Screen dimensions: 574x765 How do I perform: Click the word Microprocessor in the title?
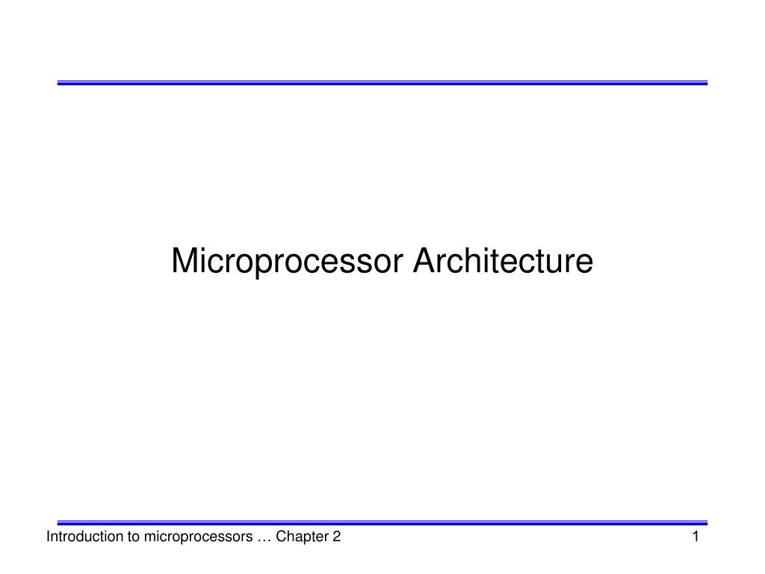click(x=288, y=262)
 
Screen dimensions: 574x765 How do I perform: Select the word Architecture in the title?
click(x=504, y=262)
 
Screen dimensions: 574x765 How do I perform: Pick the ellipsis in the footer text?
click(x=262, y=538)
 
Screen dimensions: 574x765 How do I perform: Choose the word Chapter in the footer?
click(x=302, y=537)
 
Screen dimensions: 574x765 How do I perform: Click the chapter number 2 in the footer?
click(x=337, y=537)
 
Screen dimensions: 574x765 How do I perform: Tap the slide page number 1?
click(x=696, y=537)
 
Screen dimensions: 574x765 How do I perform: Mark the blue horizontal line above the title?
click(x=382, y=83)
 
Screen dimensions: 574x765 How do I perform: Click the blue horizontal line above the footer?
click(x=382, y=523)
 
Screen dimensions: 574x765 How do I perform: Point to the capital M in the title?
click(x=184, y=262)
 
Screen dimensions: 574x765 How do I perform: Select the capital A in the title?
click(x=426, y=262)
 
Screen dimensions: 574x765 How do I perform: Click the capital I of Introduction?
click(x=49, y=537)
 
